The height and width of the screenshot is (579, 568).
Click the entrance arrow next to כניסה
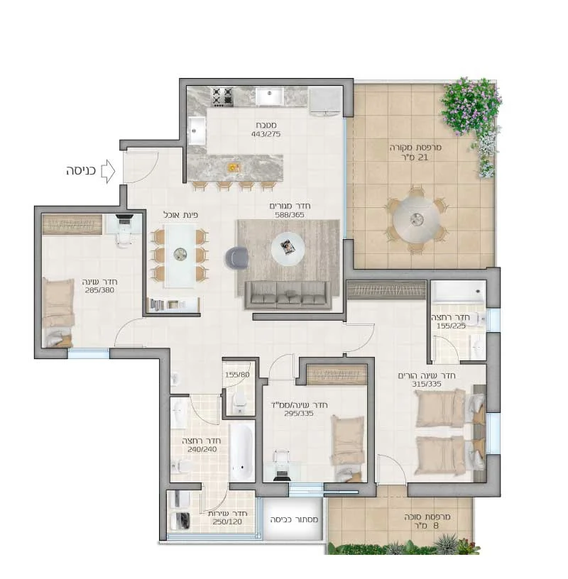[x=108, y=171]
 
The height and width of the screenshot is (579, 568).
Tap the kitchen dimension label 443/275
[x=266, y=134]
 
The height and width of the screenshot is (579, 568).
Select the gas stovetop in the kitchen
[x=222, y=96]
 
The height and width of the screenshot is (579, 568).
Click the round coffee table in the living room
[x=288, y=248]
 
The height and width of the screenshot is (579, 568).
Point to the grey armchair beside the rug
[x=236, y=258]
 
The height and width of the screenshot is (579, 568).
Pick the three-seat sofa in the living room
[x=288, y=295]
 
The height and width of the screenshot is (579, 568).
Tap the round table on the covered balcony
[x=417, y=219]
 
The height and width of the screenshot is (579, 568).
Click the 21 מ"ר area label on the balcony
[x=417, y=158]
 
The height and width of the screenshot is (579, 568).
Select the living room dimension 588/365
[x=290, y=214]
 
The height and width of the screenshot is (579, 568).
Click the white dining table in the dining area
[x=180, y=255]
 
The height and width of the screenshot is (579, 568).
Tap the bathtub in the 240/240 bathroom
[x=241, y=453]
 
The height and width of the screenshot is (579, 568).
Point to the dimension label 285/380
[x=99, y=290]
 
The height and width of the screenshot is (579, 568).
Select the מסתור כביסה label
[x=294, y=519]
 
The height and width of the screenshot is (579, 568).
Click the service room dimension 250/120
[x=227, y=522]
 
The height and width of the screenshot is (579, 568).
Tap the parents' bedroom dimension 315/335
[x=427, y=384]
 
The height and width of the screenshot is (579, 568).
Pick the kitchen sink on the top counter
[x=269, y=96]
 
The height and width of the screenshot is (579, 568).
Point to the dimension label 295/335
[x=299, y=414]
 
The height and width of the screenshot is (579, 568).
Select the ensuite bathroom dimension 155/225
[x=451, y=326]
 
